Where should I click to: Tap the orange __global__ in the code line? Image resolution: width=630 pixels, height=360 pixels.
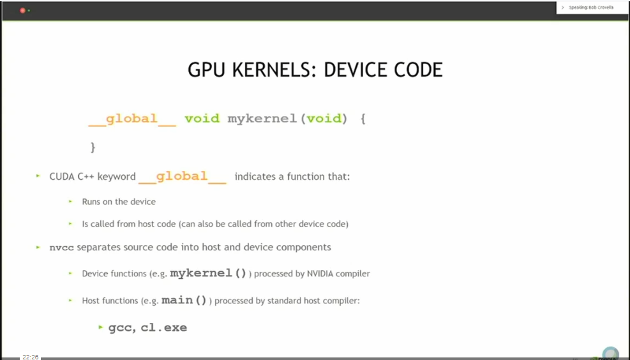(132, 119)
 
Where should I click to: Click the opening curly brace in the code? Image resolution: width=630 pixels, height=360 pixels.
(363, 119)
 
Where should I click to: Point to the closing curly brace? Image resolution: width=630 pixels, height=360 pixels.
(93, 147)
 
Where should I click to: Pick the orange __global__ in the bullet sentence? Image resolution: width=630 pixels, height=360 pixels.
(182, 176)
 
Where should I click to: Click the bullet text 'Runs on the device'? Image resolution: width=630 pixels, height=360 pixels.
(119, 202)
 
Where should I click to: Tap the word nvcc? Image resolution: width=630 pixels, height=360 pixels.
(62, 247)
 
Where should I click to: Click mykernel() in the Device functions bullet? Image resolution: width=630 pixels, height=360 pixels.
(209, 273)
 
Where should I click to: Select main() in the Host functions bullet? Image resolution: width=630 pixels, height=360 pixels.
(184, 300)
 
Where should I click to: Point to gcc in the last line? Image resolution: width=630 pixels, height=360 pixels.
(119, 328)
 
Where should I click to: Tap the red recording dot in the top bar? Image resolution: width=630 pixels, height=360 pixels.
(23, 10)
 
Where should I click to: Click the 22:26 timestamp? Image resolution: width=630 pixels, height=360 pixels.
(30, 357)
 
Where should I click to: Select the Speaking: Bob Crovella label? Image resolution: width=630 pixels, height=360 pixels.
(590, 8)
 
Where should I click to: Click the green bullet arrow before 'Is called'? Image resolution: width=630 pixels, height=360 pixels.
(70, 224)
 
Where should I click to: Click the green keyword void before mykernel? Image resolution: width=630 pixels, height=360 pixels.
(202, 119)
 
